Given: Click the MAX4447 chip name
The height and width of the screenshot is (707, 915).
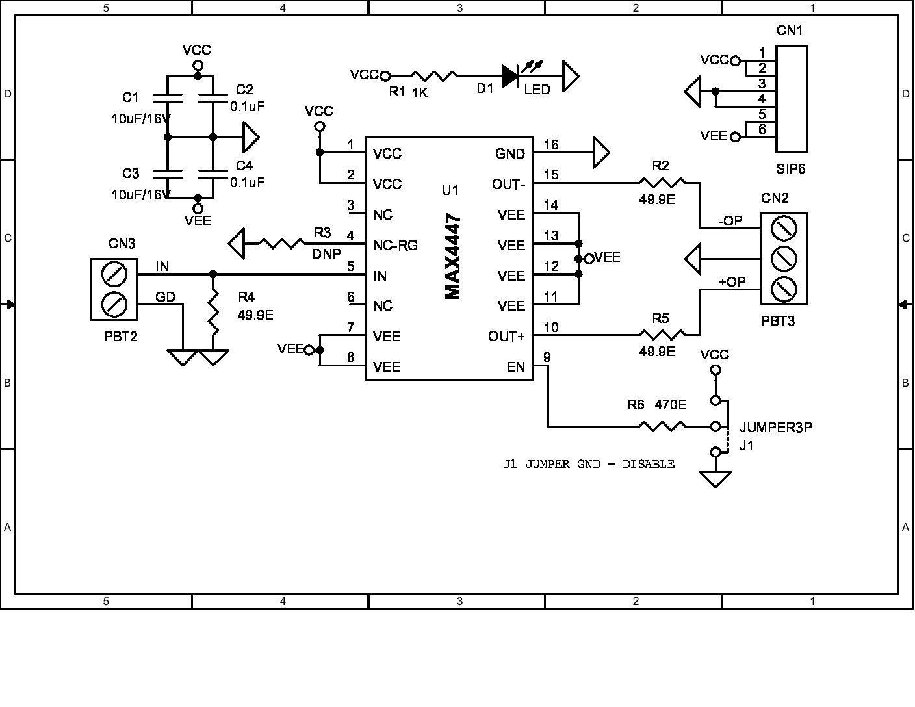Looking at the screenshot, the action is (x=453, y=257).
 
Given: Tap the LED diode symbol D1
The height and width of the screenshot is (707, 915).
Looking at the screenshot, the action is (x=510, y=76).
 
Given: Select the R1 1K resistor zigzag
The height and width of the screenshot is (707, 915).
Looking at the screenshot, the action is (x=434, y=76).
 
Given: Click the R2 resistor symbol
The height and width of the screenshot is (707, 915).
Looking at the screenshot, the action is (x=662, y=183).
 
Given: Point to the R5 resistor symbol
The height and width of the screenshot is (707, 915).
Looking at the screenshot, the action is (x=662, y=335).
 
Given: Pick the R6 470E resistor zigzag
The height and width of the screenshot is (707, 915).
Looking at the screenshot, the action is (x=662, y=426).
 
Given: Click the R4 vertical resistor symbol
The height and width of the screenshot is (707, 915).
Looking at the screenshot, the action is (x=214, y=313).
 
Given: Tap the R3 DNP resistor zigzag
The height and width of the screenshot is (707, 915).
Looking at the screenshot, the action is (x=281, y=244).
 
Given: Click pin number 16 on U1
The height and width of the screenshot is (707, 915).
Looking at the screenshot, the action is (x=551, y=144).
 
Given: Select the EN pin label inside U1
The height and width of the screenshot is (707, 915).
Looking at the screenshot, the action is (x=516, y=366).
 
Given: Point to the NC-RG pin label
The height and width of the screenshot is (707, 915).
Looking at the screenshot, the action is (x=395, y=245).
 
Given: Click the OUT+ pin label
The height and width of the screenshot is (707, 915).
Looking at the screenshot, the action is (x=506, y=336).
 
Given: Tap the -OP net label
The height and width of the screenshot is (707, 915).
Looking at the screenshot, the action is (x=730, y=221).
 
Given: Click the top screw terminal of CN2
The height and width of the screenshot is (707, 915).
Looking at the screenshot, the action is (x=784, y=229).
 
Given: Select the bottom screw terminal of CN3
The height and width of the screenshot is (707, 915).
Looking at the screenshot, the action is (x=114, y=304).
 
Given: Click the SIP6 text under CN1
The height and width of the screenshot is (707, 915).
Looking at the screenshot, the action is (x=790, y=169).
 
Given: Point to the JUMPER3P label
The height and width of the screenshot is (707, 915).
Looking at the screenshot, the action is (x=776, y=428).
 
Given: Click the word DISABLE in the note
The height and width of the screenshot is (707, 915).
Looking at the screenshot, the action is (x=649, y=464).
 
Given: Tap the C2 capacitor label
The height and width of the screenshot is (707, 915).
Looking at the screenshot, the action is (x=244, y=90).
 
